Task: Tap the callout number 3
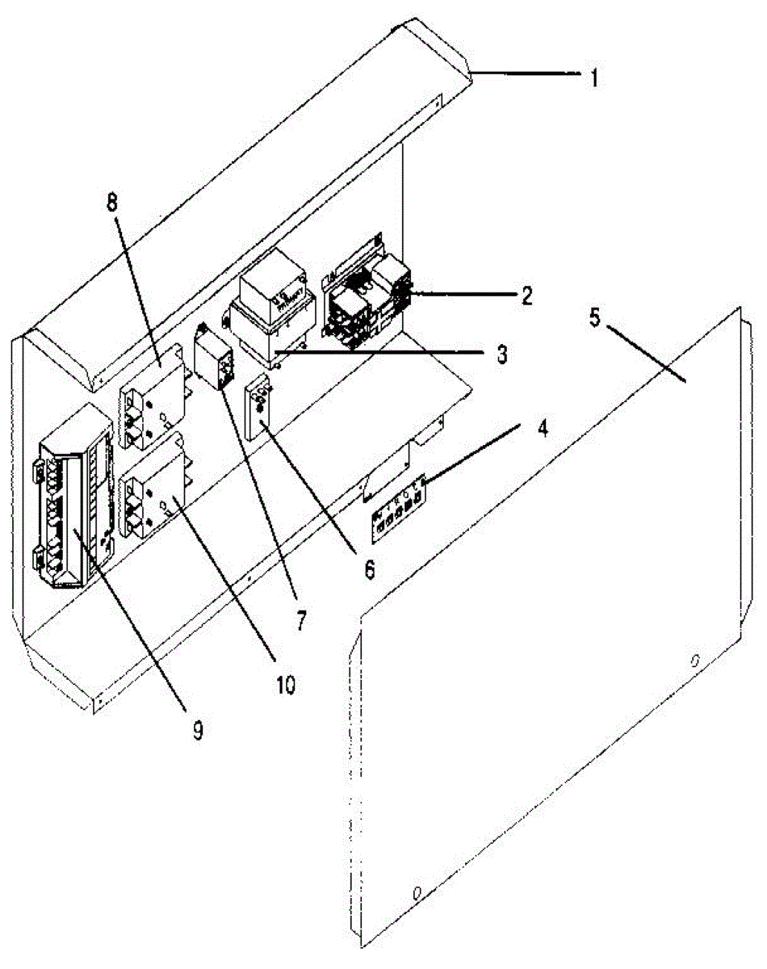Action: (501, 354)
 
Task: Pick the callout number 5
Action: (594, 317)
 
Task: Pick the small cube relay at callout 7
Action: (215, 359)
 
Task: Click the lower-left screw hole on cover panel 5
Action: (417, 894)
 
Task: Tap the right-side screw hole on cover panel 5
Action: (694, 661)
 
